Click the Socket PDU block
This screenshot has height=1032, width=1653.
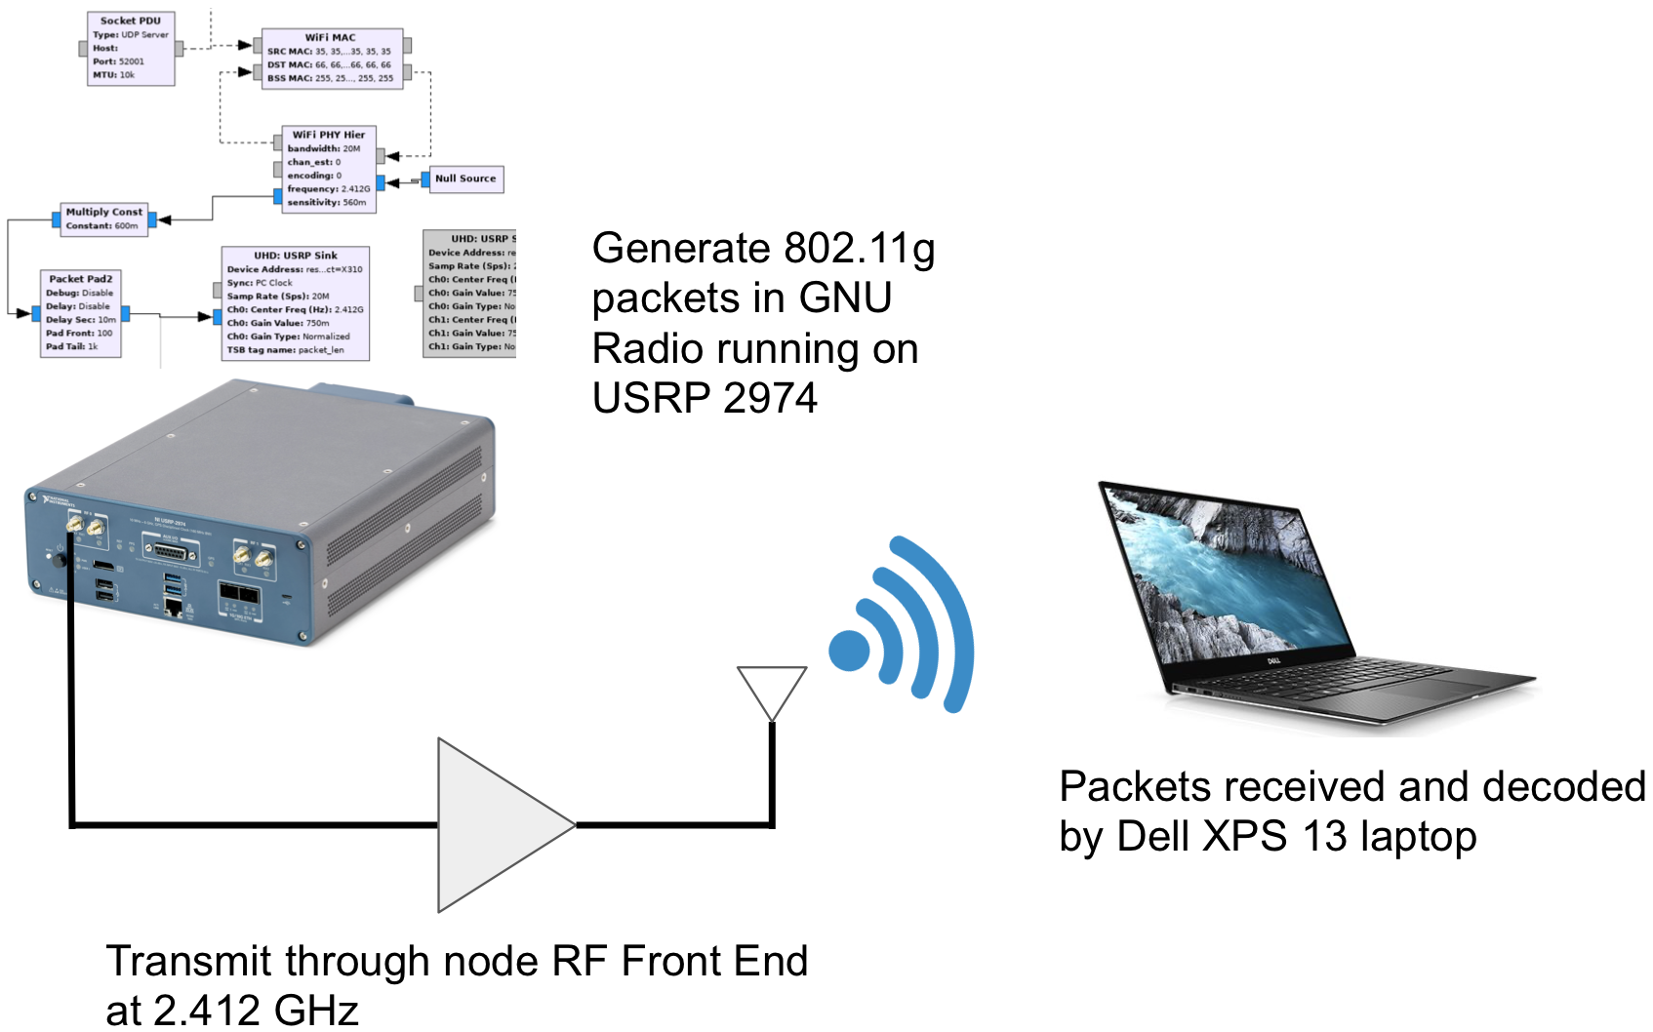[131, 48]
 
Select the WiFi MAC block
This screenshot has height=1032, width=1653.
[332, 59]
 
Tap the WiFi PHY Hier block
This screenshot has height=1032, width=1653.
[329, 169]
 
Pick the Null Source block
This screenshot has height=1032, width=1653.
[465, 179]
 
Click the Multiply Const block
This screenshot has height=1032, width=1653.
[104, 218]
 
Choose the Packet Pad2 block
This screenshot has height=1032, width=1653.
[81, 312]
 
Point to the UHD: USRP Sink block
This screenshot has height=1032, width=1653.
[296, 302]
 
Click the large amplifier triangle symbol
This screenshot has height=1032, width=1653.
[493, 825]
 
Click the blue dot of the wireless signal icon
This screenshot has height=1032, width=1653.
[849, 651]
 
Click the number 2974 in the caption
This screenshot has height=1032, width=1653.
[770, 398]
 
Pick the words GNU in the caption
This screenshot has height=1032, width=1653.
[845, 298]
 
